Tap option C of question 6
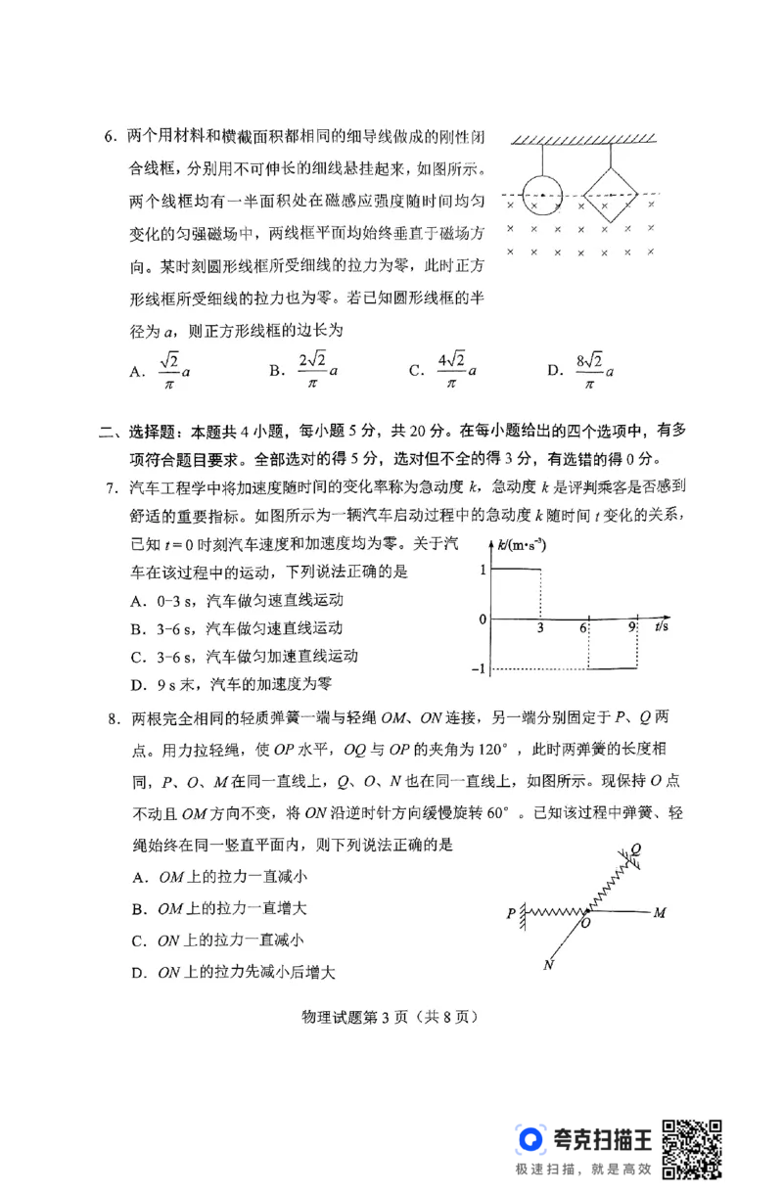click(445, 370)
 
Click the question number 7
click(111, 486)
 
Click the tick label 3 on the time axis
click(539, 631)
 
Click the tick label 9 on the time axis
click(632, 631)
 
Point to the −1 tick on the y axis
click(479, 668)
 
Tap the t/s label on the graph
click(663, 626)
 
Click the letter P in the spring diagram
click(511, 913)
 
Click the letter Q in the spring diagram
click(637, 849)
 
